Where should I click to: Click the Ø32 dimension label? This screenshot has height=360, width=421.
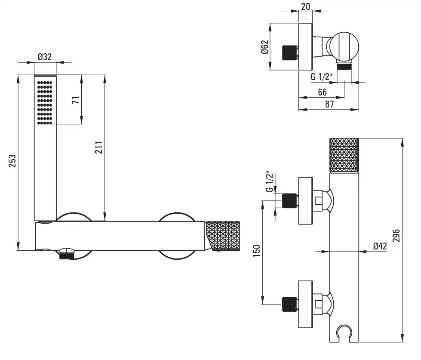[x=45, y=57]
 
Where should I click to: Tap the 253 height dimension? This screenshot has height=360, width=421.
[x=12, y=161]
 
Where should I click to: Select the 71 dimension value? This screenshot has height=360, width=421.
[x=76, y=100]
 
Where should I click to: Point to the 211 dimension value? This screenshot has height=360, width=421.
[x=99, y=148]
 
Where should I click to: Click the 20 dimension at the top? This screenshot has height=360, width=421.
[x=306, y=6]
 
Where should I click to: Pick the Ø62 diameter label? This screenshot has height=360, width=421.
[x=265, y=47]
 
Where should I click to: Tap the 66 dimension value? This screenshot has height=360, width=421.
[x=322, y=92]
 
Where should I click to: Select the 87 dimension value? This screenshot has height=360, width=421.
[x=329, y=104]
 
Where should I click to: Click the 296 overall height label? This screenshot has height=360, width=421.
[x=396, y=235]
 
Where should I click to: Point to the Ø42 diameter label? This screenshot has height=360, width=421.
[x=380, y=246]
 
